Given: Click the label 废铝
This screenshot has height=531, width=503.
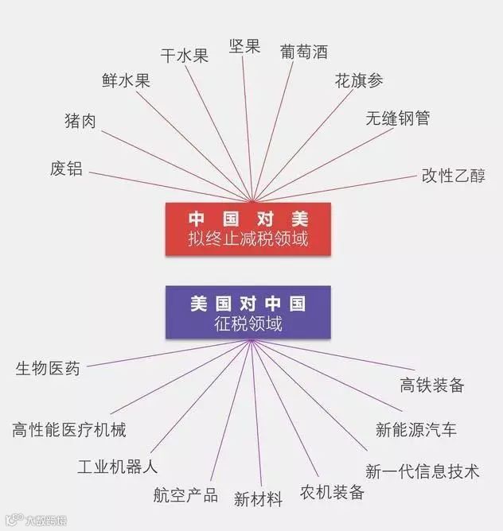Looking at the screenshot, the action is point(66,169).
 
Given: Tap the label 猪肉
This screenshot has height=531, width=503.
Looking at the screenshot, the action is point(80,121).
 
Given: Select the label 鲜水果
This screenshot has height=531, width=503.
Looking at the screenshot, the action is point(126,80).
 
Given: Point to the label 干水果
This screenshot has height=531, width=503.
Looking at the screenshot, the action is point(185,55).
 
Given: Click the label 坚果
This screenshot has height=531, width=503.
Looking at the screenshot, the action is point(244,46).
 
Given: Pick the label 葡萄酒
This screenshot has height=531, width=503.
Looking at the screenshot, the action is point(304,52).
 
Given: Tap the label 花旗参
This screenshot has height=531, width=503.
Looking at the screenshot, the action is point(359,81).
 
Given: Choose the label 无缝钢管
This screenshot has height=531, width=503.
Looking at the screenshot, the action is point(397,118).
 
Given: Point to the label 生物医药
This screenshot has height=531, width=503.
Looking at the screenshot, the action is point(48,369).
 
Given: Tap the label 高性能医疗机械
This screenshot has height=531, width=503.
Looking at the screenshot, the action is point(69,430).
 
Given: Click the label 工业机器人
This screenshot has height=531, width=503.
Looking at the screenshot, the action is point(118,466).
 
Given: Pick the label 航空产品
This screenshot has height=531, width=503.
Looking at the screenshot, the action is point(185,494).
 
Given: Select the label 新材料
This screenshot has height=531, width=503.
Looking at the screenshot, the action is point(258,499).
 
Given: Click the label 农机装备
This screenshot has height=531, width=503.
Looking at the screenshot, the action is point(332,491).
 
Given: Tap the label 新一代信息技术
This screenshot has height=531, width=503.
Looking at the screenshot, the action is point(422,471).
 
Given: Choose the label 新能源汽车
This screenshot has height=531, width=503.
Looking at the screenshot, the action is point(416,430).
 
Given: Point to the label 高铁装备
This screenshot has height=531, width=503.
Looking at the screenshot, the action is point(431,386).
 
